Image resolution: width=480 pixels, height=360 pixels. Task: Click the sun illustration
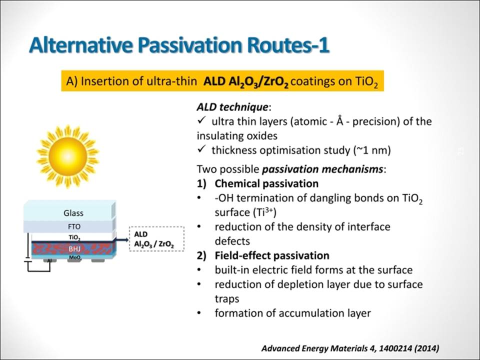pyautogui.click(x=67, y=156)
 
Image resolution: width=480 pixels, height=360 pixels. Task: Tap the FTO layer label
pyautogui.click(x=74, y=226)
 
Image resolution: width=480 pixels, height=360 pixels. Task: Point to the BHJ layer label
pyautogui.click(x=74, y=249)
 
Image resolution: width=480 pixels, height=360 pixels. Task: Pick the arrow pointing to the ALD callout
pyautogui.click(x=122, y=239)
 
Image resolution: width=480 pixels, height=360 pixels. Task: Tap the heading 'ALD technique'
pyautogui.click(x=232, y=107)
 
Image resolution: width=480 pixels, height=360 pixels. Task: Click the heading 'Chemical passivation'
pyautogui.click(x=266, y=183)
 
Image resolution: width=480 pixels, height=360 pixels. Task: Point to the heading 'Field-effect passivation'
pyautogui.click(x=272, y=255)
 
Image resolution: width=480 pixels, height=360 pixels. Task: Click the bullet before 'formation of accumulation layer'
pyautogui.click(x=199, y=313)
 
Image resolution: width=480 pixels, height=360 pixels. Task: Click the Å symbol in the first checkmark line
pyautogui.click(x=340, y=120)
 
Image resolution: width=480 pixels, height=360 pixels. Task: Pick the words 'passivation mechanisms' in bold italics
pyautogui.click(x=322, y=169)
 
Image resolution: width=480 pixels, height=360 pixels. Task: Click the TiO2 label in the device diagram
pyautogui.click(x=74, y=237)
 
